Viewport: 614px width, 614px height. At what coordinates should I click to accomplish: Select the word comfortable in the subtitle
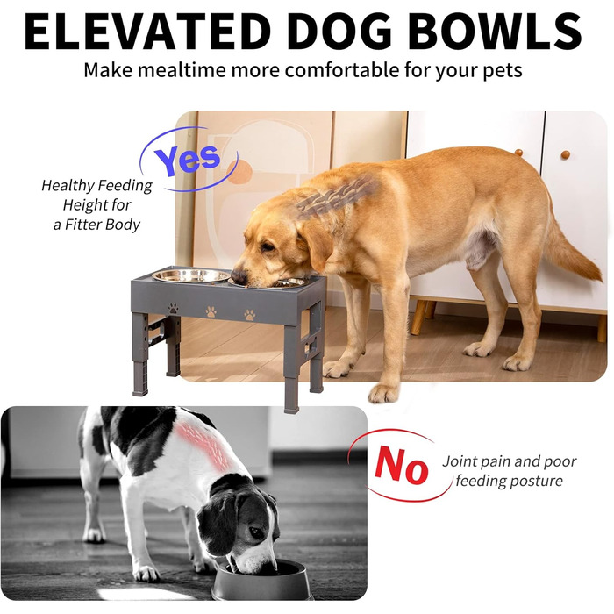click(x=342, y=70)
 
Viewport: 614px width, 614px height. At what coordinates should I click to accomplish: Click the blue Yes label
click(x=187, y=160)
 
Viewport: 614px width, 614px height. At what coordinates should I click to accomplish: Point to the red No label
click(x=401, y=465)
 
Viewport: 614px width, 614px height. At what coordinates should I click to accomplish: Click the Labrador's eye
click(x=268, y=246)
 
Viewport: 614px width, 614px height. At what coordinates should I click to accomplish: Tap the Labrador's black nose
click(x=239, y=277)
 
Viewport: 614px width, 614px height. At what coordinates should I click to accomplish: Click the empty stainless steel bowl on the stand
click(x=190, y=275)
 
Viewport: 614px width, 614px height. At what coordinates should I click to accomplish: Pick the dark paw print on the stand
click(x=174, y=308)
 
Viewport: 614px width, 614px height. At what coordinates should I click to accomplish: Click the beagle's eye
click(x=256, y=532)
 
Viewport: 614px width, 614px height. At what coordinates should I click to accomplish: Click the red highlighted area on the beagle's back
click(x=204, y=446)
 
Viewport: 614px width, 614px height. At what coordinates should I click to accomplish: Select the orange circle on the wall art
click(x=239, y=172)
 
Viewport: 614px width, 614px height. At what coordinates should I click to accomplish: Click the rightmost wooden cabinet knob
click(x=565, y=154)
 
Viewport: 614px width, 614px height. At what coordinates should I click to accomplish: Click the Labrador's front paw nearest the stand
click(x=338, y=368)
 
